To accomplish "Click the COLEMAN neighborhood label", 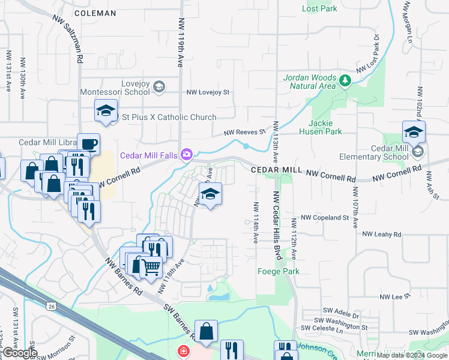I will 95,13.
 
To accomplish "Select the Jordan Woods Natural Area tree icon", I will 345,80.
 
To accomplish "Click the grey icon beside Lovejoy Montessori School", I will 158,88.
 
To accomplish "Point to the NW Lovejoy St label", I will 208,92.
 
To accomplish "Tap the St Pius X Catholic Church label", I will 169,117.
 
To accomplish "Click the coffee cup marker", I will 88,144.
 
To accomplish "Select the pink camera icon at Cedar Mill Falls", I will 187,155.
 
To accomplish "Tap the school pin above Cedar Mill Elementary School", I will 414,131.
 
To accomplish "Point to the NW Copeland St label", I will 325,217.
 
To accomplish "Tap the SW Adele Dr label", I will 341,315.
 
